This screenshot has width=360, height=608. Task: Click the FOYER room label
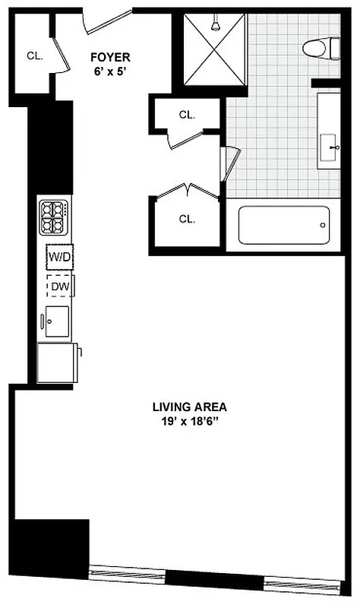click(110, 56)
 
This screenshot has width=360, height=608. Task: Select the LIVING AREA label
click(188, 406)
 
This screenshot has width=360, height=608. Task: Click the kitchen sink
click(56, 320)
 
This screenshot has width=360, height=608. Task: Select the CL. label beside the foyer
click(34, 55)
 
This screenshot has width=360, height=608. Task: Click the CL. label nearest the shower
click(187, 116)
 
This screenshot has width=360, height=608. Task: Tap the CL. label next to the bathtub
click(187, 219)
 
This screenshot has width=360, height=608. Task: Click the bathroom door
click(230, 164)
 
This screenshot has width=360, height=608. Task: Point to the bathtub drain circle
click(324, 226)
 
